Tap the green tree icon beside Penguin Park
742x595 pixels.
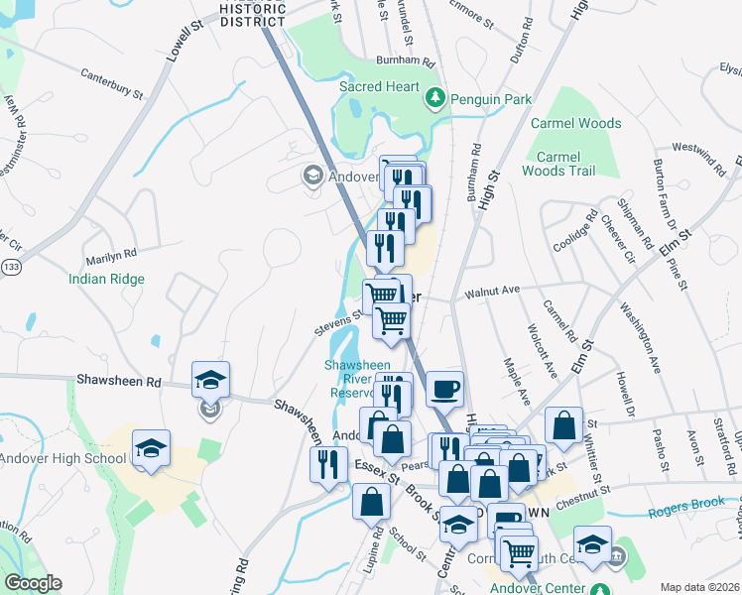coord(434,98)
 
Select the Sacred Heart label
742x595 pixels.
coord(379,86)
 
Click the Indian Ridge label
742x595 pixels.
coord(106,280)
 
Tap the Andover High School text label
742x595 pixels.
coord(63,458)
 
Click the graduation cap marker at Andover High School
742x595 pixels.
coord(151,449)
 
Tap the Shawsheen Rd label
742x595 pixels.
coord(118,381)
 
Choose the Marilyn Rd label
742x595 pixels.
coord(110,253)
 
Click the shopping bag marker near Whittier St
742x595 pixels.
coord(563,425)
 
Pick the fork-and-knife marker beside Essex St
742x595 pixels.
coord(329,466)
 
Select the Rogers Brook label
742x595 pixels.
coord(682,513)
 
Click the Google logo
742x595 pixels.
coord(33,583)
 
